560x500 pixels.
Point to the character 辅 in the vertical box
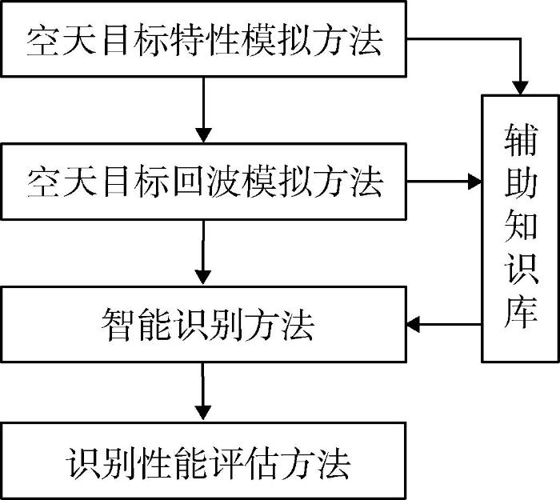pyautogui.click(x=521, y=140)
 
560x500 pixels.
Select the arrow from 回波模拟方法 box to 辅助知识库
pyautogui.click(x=444, y=182)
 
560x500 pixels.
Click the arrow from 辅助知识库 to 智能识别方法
pyautogui.click(x=444, y=325)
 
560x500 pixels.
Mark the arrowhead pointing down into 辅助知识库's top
pyautogui.click(x=520, y=88)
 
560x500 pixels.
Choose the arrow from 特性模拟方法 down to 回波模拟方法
pyautogui.click(x=203, y=110)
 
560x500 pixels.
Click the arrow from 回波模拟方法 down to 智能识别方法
pyautogui.click(x=203, y=253)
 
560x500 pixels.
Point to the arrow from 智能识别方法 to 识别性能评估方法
pyautogui.click(x=203, y=392)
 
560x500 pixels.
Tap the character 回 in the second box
pyautogui.click(x=187, y=181)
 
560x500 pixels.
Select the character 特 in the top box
pyautogui.click(x=187, y=39)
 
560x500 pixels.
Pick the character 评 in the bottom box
pyautogui.click(x=227, y=463)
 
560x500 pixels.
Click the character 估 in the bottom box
pyautogui.click(x=263, y=463)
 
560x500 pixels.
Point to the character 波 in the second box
pyautogui.click(x=222, y=181)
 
